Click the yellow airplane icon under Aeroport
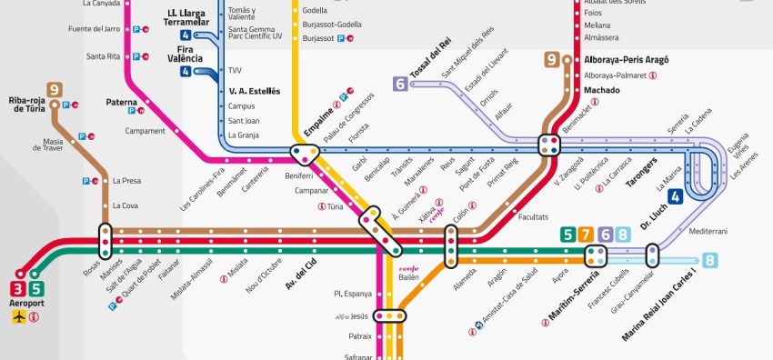coord(20,316)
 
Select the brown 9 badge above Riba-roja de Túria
coord(55,89)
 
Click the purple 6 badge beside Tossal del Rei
coord(400,84)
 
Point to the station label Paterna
coord(121,103)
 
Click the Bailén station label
coord(408,276)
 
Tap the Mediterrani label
coord(708,232)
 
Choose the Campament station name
coord(146,130)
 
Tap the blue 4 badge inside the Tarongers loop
coord(675,196)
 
